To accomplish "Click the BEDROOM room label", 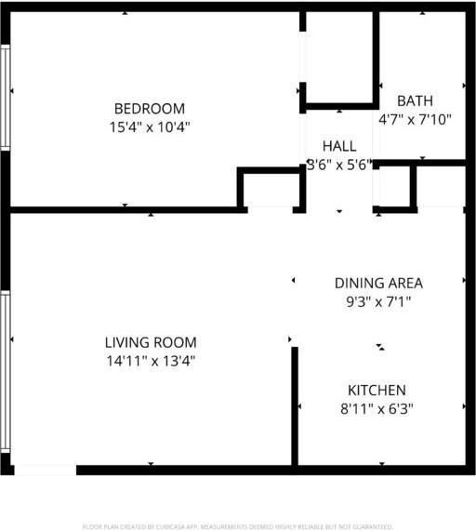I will (x=149, y=108).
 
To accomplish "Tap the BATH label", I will (x=415, y=100).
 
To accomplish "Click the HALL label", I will (x=339, y=146).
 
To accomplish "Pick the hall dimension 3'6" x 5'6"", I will (x=339, y=165).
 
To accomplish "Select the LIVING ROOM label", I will (x=151, y=342).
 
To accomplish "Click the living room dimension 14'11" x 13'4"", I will (x=151, y=361).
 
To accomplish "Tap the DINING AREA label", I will (x=378, y=283).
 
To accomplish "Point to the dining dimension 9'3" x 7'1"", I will (x=378, y=301).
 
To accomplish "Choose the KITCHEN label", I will (x=377, y=390).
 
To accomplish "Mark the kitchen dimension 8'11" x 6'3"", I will (x=377, y=408).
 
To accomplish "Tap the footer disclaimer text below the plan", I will (x=238, y=526).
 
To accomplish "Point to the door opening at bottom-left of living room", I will (x=45, y=470).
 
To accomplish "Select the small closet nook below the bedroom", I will (x=271, y=189).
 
